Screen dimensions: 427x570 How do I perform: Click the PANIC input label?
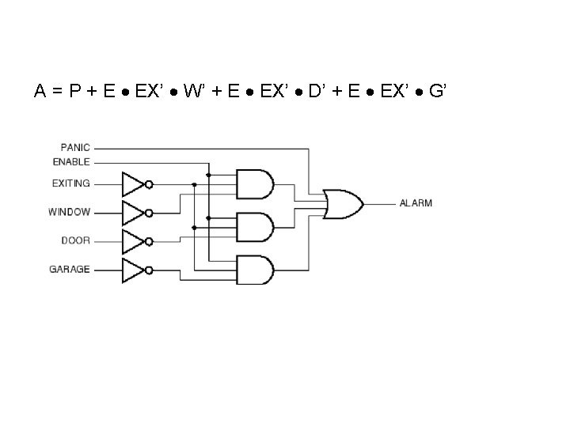tap(75, 147)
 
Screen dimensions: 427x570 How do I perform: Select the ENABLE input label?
tap(72, 162)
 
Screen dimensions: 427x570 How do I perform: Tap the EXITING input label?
tap(71, 183)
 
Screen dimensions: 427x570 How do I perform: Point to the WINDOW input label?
tap(70, 212)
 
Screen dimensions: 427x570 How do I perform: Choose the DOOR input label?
tap(76, 240)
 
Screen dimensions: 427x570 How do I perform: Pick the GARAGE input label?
tap(70, 270)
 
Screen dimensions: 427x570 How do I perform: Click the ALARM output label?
tap(416, 203)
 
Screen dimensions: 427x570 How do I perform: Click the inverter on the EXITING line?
tap(135, 183)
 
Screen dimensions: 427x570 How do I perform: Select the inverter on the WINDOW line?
tap(135, 212)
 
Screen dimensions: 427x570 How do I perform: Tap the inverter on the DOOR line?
tap(135, 240)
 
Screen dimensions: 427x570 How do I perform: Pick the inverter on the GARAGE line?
tap(135, 270)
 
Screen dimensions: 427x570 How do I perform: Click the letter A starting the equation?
tap(39, 92)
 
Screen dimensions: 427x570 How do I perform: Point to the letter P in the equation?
tap(74, 92)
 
